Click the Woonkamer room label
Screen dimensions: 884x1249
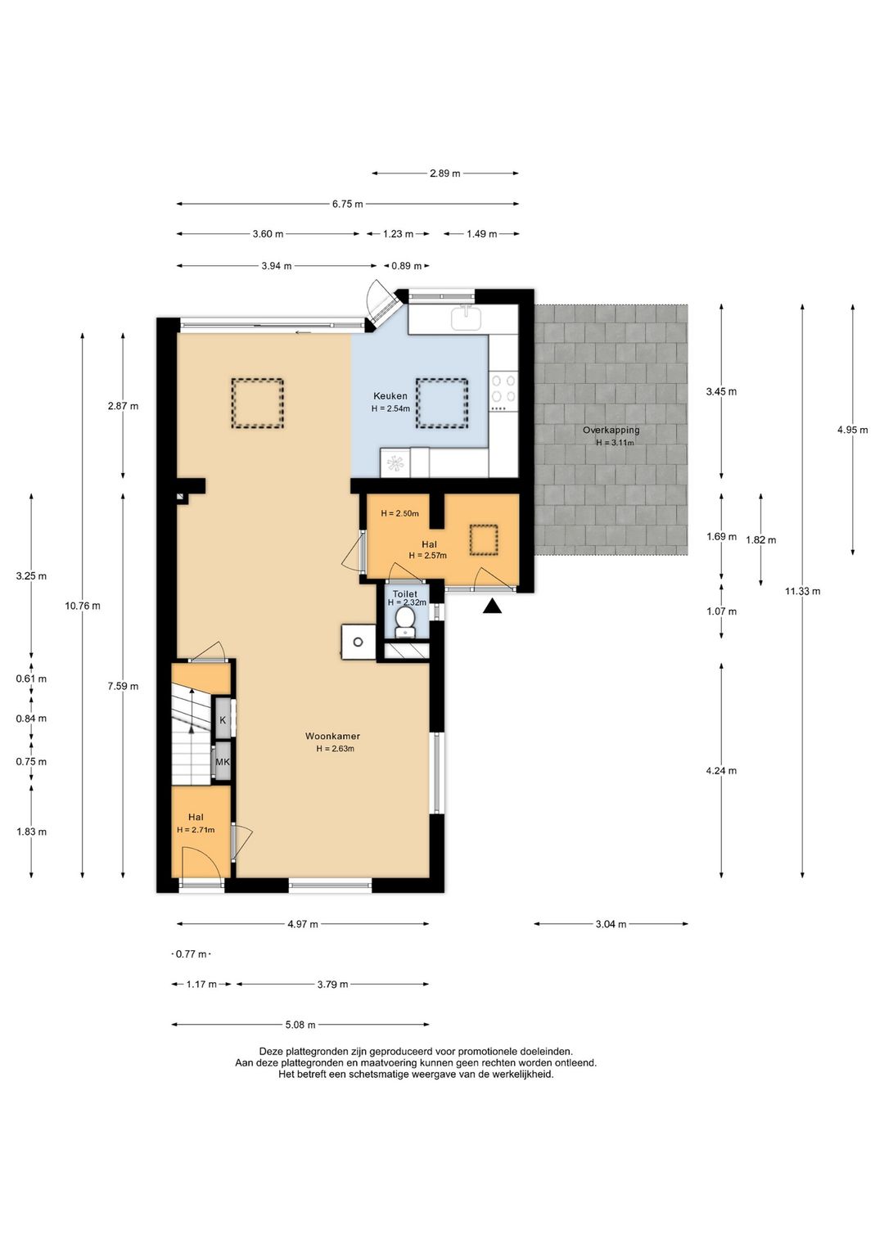(x=332, y=736)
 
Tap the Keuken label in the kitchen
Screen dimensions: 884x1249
(x=390, y=396)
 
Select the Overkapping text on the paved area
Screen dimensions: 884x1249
(x=611, y=430)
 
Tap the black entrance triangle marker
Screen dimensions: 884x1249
(x=492, y=606)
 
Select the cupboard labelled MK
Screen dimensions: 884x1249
(x=223, y=761)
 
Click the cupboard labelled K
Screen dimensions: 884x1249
(x=223, y=719)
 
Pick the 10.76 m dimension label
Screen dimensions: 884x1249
(x=83, y=606)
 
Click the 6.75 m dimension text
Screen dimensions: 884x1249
(x=348, y=204)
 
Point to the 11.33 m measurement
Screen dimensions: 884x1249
(x=803, y=591)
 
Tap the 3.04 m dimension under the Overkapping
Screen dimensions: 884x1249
(x=611, y=924)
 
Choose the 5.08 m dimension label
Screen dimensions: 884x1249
(x=300, y=1024)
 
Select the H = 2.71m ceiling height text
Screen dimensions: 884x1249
(x=196, y=829)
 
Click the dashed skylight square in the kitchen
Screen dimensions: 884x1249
(x=442, y=404)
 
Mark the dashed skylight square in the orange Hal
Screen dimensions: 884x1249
(x=484, y=539)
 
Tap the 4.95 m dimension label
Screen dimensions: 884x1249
(x=853, y=430)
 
